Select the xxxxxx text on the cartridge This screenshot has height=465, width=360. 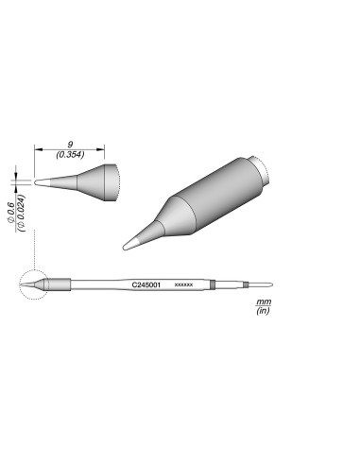click(184, 284)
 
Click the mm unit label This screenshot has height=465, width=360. click(263, 301)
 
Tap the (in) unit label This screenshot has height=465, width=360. click(263, 311)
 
